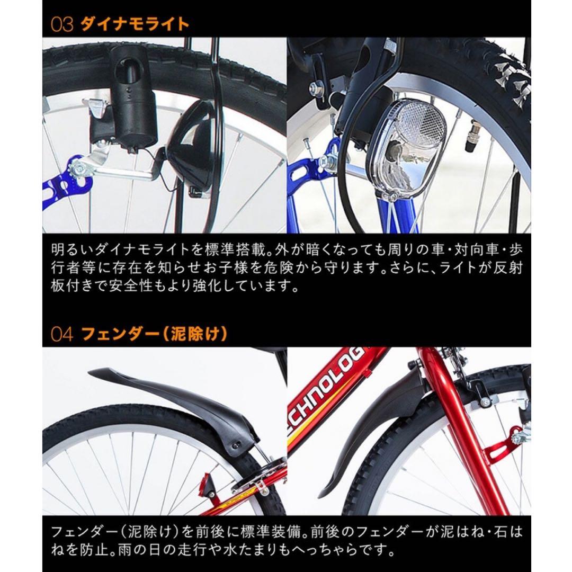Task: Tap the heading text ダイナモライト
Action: click(x=135, y=24)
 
